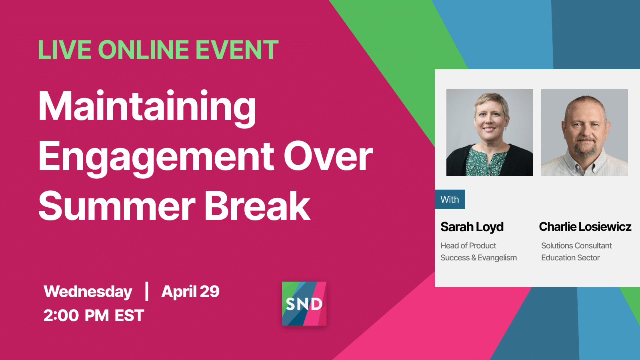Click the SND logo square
coord(304,304)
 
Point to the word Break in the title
coord(258,206)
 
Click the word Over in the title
coord(328,156)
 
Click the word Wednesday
coord(88,292)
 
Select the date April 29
coord(190,292)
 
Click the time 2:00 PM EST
coord(94,316)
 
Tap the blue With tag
coord(450,199)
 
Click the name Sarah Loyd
coord(472,227)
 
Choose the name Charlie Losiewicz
coord(585,226)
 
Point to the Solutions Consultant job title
coord(576,246)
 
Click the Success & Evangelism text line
coord(478,258)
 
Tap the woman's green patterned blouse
coord(486,162)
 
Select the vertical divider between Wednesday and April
coord(147,291)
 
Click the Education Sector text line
coord(570,258)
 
